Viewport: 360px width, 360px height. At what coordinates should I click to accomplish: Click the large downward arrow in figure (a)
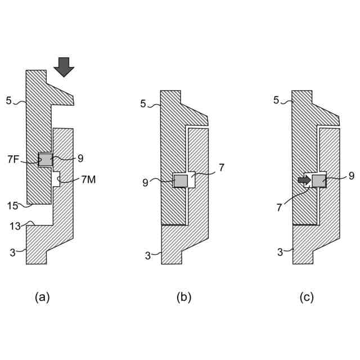pos(64,66)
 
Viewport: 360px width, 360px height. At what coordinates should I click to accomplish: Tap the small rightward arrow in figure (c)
pos(304,181)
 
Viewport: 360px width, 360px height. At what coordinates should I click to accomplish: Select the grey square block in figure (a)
pos(45,160)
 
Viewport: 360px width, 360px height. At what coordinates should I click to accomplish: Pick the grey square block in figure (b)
pos(180,181)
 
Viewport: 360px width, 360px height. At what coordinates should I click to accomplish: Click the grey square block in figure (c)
pos(319,181)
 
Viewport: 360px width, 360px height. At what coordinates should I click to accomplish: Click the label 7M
pos(88,179)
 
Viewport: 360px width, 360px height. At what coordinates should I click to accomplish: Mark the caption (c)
pos(307,297)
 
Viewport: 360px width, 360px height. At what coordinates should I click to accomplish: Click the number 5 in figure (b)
pos(143,103)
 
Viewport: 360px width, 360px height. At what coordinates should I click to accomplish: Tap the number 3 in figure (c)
pos(280,252)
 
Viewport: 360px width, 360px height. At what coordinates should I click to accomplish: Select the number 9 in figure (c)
pos(351,176)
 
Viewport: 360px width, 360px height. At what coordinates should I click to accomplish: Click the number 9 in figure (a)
pos(80,159)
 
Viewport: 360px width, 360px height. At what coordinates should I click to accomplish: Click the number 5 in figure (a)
pos(8,101)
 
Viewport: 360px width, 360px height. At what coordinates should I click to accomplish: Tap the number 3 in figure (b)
pos(147,256)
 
